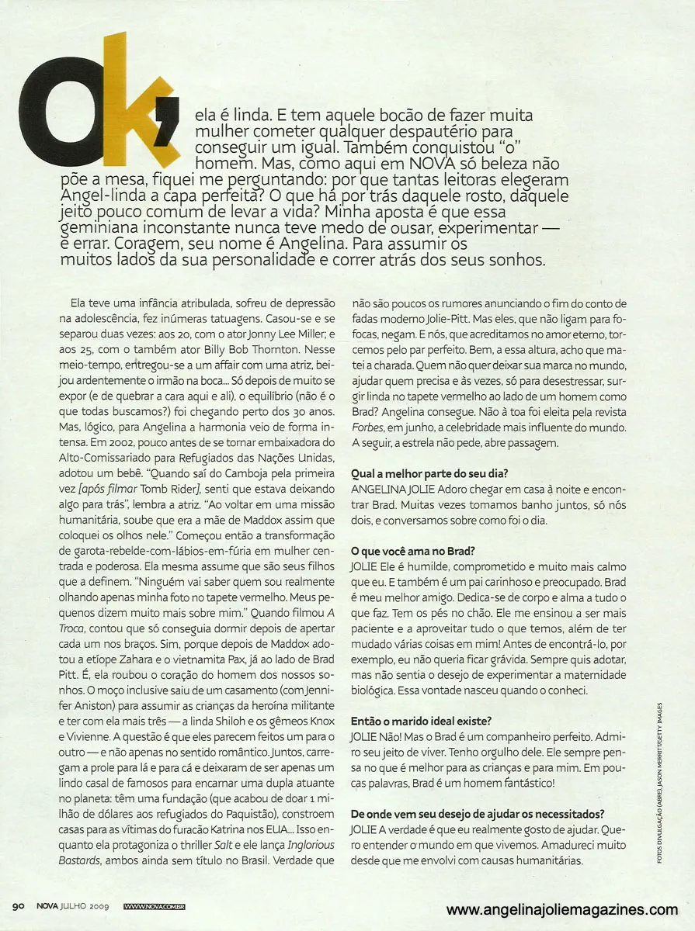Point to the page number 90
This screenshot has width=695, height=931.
coord(20,905)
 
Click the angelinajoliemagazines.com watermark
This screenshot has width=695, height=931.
coord(562,910)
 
